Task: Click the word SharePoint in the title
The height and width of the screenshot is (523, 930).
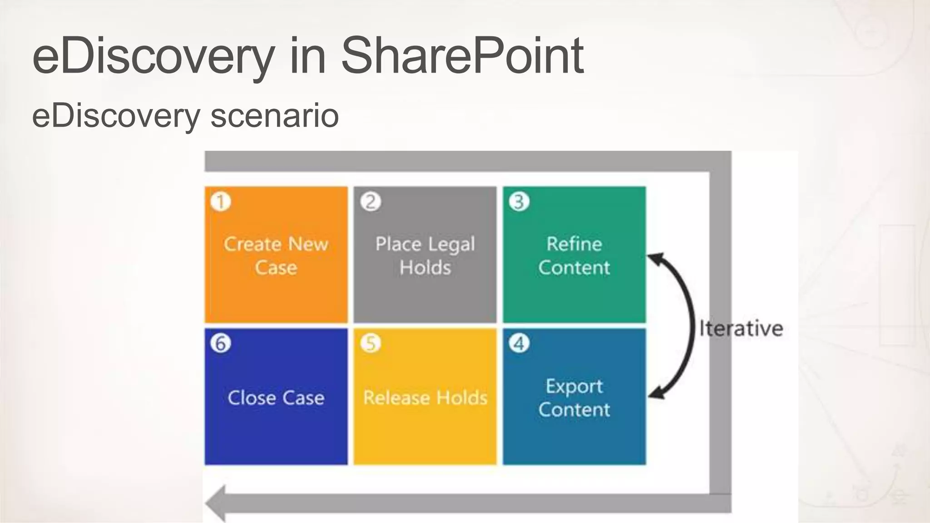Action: [462, 56]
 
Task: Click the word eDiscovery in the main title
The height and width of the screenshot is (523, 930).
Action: [153, 56]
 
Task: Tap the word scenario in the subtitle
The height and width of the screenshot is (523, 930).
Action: [275, 116]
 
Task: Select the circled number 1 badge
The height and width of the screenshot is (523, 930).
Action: [221, 202]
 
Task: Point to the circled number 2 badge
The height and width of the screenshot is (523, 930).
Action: [371, 202]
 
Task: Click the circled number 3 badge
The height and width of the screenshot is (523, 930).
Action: [519, 202]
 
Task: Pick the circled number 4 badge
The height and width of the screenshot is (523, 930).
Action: [519, 343]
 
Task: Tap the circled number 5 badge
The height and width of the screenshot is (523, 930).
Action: [371, 343]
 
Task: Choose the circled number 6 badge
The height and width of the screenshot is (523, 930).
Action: [221, 343]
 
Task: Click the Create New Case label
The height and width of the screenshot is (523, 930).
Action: [276, 256]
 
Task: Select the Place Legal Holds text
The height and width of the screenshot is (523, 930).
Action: [425, 256]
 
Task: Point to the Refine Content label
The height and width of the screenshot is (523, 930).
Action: [574, 256]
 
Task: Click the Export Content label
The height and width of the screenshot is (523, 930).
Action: [574, 398]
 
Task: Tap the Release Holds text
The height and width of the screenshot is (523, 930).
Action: [425, 398]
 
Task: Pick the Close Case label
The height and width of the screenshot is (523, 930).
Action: [276, 398]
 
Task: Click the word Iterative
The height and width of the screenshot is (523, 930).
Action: [741, 328]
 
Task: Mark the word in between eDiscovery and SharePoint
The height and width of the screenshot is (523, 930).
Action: [307, 56]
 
